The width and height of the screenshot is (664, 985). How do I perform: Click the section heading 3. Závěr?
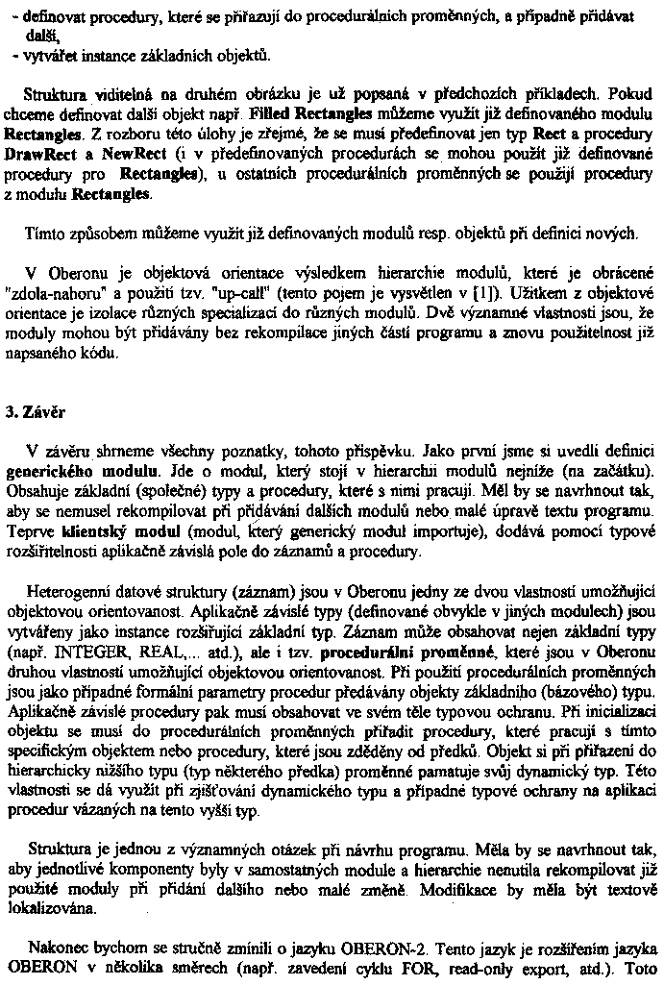click(29, 412)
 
